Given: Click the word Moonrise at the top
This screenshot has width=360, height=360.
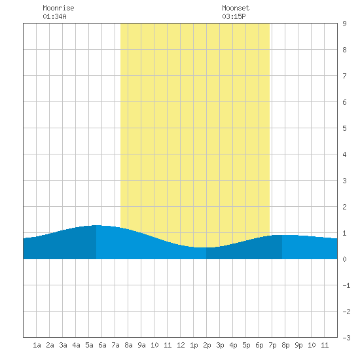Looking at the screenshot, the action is (x=58, y=8).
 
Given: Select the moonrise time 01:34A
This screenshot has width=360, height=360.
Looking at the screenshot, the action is (x=54, y=16).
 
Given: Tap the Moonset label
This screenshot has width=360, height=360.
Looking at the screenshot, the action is (x=236, y=8).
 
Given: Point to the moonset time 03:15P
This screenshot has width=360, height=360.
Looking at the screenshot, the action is (x=234, y=16).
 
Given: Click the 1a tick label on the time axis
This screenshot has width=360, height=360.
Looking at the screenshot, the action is (x=37, y=345).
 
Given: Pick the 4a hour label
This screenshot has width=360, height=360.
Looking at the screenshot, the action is (x=76, y=345).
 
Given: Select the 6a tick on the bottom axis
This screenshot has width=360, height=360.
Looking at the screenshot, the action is (x=102, y=345).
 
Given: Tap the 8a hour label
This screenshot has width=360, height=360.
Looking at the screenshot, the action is (x=128, y=345).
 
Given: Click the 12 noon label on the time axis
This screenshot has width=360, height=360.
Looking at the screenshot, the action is (x=181, y=345).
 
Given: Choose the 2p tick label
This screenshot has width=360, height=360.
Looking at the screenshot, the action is (x=207, y=345).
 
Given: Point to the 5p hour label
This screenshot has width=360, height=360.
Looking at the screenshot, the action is (x=246, y=345).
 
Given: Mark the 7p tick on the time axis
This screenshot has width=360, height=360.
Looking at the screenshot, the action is (x=272, y=345).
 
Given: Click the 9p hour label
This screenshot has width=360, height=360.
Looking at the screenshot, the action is (x=298, y=345).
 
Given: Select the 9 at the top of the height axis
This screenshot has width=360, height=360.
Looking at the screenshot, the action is (x=344, y=24).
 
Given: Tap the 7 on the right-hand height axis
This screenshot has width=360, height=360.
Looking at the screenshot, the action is (x=344, y=76).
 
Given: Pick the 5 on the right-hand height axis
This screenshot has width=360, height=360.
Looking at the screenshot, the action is (x=344, y=128).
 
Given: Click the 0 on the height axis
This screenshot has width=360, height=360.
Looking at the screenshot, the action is (x=344, y=259).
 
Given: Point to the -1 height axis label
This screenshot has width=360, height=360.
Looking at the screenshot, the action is (x=346, y=285).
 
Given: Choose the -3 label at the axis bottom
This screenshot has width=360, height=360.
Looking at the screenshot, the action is (x=346, y=338).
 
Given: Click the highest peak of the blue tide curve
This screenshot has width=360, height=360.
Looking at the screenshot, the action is (x=96, y=225).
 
